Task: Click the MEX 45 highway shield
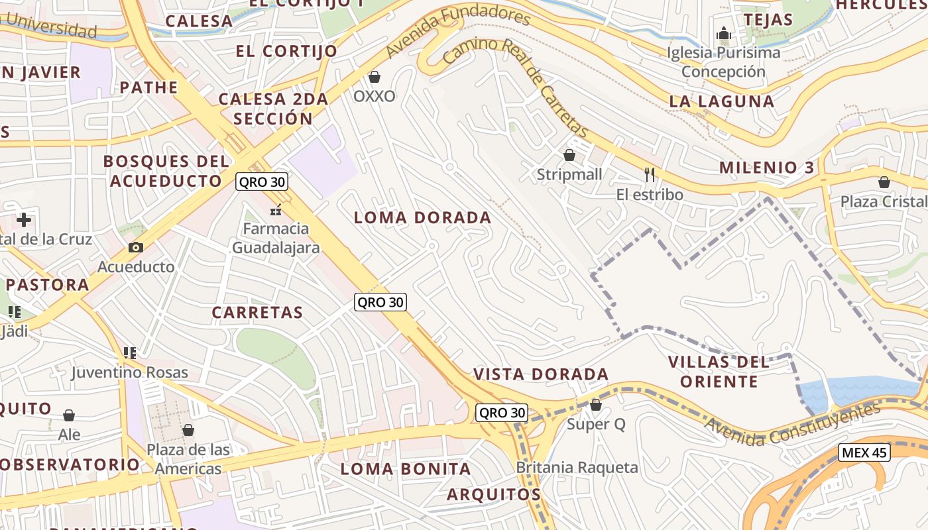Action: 864,452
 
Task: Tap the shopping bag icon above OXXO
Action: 375,77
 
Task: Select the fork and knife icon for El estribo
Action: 650,175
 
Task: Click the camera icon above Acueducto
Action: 136,248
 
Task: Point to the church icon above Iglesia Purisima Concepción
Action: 723,33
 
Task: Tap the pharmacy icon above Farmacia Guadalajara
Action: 276,211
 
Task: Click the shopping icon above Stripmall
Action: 569,155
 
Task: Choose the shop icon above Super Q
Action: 596,405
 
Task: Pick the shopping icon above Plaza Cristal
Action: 884,182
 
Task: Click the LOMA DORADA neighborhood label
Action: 422,217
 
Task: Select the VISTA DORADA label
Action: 540,374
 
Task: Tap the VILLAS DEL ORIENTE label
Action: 719,372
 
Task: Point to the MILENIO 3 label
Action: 767,168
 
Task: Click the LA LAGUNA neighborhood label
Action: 721,101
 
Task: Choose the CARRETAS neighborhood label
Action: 257,313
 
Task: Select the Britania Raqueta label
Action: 577,468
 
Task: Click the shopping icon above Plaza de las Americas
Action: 188,431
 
